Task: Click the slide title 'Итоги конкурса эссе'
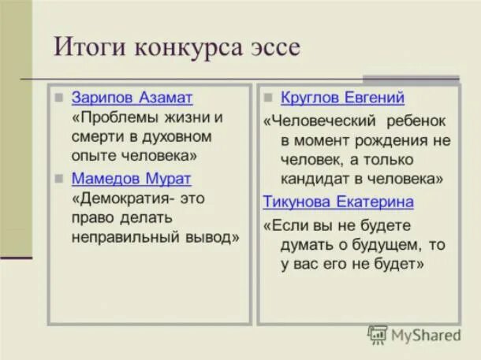(x=177, y=46)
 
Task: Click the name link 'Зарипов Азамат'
(x=132, y=98)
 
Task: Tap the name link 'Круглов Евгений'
(x=343, y=98)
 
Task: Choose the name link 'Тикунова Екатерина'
(x=338, y=202)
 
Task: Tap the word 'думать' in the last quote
(x=304, y=244)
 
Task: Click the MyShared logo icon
(x=377, y=335)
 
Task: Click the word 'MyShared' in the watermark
(x=425, y=335)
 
